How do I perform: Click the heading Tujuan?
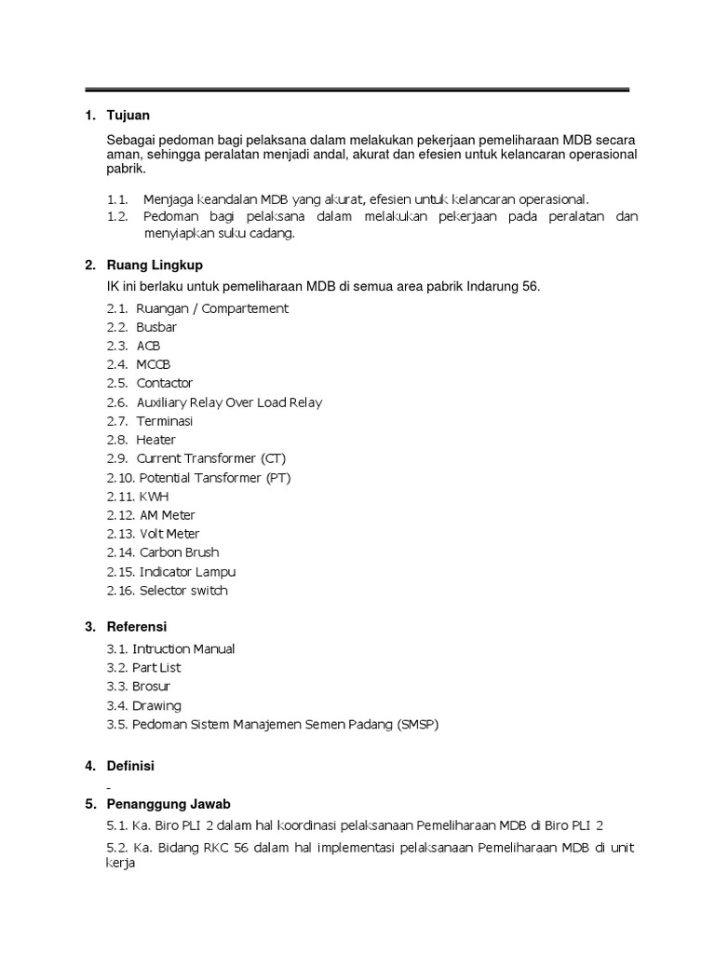click(128, 116)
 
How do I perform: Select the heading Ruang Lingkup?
click(155, 266)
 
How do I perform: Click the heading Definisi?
click(130, 766)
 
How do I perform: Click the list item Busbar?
click(156, 327)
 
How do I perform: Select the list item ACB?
click(149, 346)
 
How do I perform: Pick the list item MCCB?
click(154, 364)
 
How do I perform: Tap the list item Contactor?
click(165, 383)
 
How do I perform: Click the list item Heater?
click(155, 440)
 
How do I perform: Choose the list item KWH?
click(155, 497)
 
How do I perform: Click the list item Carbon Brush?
click(179, 552)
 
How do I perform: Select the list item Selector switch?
click(183, 591)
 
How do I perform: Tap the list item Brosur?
click(153, 687)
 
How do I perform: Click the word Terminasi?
click(165, 421)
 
